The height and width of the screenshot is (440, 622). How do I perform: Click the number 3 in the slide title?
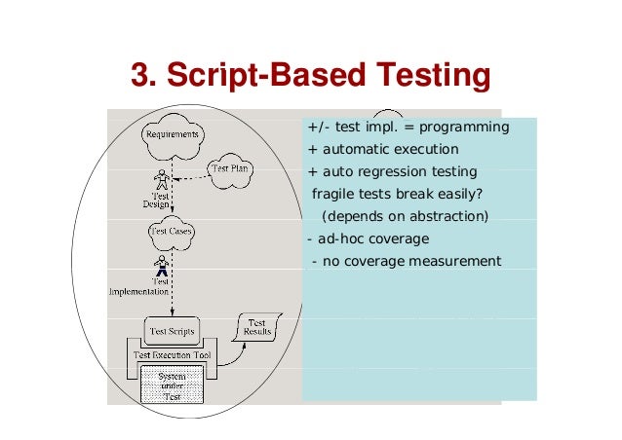142,75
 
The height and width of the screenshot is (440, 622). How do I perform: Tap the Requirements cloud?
172,134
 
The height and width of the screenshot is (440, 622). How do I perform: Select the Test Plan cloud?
231,168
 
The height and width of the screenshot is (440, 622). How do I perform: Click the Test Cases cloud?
171,232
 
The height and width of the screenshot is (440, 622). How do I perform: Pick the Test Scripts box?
171,331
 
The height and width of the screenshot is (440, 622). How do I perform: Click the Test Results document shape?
256,328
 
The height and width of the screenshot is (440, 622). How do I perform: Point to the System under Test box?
171,383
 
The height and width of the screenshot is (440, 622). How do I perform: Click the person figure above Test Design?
162,180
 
